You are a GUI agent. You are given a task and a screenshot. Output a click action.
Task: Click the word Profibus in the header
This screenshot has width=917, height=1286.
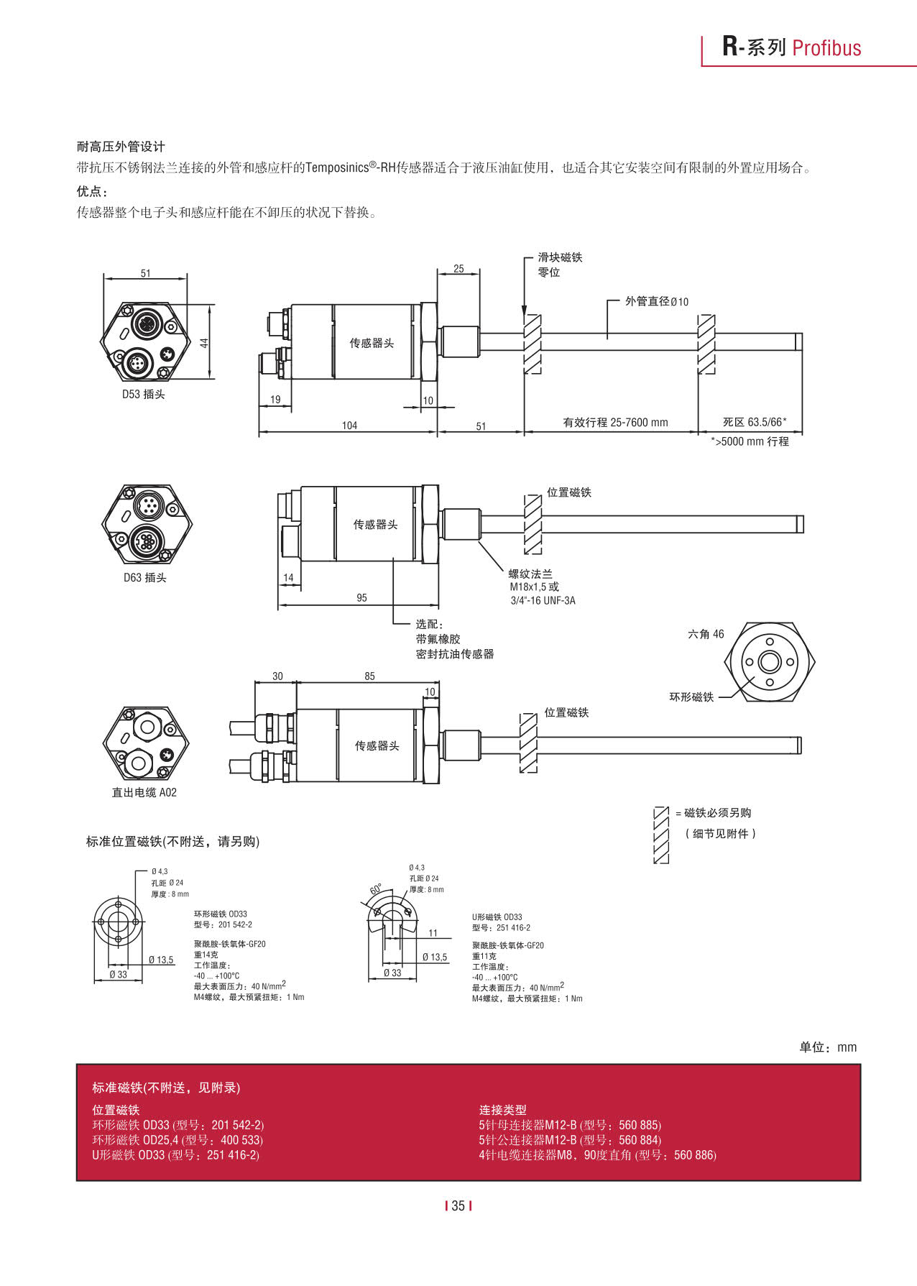click(826, 48)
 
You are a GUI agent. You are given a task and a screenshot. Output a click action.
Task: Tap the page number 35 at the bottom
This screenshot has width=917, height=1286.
click(458, 1205)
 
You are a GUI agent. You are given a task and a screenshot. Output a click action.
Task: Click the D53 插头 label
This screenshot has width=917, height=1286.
click(143, 394)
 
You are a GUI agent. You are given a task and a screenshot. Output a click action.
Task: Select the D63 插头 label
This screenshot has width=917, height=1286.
click(144, 577)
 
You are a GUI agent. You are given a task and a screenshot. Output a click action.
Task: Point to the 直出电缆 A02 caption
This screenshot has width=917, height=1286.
click(144, 792)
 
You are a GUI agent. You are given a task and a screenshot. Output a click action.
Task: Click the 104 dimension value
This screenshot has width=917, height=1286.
click(349, 426)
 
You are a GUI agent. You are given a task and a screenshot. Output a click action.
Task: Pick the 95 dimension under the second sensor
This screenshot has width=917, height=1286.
click(361, 597)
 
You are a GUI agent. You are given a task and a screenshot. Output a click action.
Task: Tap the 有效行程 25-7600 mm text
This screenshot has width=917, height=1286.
click(615, 423)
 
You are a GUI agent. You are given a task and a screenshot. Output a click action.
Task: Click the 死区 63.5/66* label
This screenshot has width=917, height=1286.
click(754, 422)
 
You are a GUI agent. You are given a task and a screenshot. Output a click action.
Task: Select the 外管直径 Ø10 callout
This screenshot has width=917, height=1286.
click(656, 301)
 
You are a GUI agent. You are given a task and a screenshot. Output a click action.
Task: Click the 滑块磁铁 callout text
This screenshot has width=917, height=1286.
click(560, 257)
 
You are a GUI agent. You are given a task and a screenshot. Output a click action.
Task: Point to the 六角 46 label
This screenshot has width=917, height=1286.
click(706, 634)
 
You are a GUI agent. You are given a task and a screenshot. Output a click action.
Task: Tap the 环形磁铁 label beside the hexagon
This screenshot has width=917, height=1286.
click(691, 697)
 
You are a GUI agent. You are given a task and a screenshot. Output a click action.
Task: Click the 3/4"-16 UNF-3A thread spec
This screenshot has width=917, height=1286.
click(543, 600)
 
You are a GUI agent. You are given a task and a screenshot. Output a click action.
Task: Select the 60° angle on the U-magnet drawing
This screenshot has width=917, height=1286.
click(376, 889)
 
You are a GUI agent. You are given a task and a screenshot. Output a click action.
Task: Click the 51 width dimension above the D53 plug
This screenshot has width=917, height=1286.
click(146, 273)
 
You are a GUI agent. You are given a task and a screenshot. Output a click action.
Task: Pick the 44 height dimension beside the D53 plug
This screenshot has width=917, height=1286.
click(204, 343)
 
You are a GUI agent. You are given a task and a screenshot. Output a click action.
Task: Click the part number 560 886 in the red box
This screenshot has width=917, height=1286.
click(694, 1155)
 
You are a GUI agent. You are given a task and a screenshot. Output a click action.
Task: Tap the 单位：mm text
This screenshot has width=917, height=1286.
click(828, 1047)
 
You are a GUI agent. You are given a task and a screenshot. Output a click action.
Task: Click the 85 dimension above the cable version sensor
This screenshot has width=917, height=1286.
click(369, 676)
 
